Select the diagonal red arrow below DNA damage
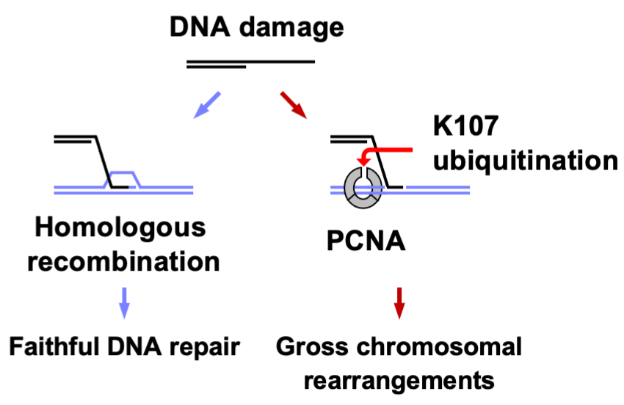294,104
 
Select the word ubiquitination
524,160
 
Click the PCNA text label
366,238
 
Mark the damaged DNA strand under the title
250,64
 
